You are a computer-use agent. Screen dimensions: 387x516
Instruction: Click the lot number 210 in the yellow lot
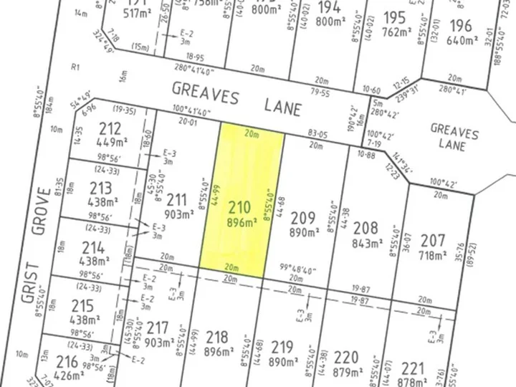[x=239, y=209]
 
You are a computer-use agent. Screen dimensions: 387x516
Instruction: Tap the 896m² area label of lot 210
[x=242, y=223]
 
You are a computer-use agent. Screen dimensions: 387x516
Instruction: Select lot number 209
[x=303, y=219]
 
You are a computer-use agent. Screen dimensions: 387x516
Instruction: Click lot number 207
[x=432, y=240]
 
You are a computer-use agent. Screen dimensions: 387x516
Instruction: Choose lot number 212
[x=110, y=129]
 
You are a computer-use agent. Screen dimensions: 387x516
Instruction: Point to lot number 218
[x=216, y=337]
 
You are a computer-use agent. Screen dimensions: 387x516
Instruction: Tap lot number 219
[x=282, y=348]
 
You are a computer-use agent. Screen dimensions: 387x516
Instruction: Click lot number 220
[x=346, y=356]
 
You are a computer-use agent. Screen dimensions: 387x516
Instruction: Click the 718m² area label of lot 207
[x=432, y=254]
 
